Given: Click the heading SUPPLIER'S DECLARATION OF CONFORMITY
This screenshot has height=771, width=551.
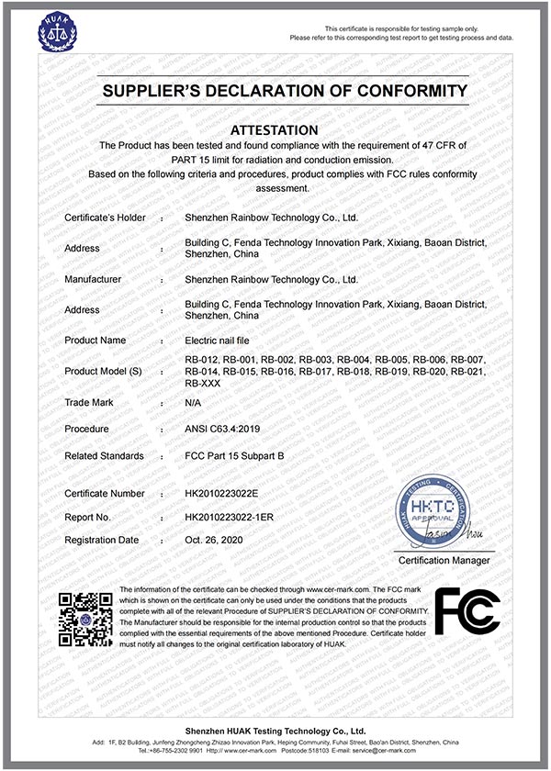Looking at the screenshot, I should pos(284,91).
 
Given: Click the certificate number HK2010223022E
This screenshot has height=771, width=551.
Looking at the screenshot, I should pos(223,493).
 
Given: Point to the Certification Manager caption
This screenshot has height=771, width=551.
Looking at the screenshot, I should pos(444,560).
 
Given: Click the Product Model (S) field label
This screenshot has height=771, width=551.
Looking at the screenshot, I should pos(105,371).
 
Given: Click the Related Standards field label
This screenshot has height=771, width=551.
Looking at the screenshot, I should pos(104,455).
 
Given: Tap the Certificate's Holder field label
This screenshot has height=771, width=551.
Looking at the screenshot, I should pos(103,218).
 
